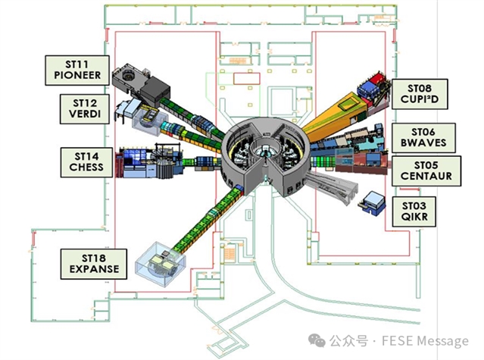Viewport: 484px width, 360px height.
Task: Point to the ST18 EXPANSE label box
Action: click(x=89, y=263)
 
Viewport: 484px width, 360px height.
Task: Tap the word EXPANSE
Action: click(x=89, y=269)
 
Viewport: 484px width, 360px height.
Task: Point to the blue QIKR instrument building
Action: click(x=373, y=202)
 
